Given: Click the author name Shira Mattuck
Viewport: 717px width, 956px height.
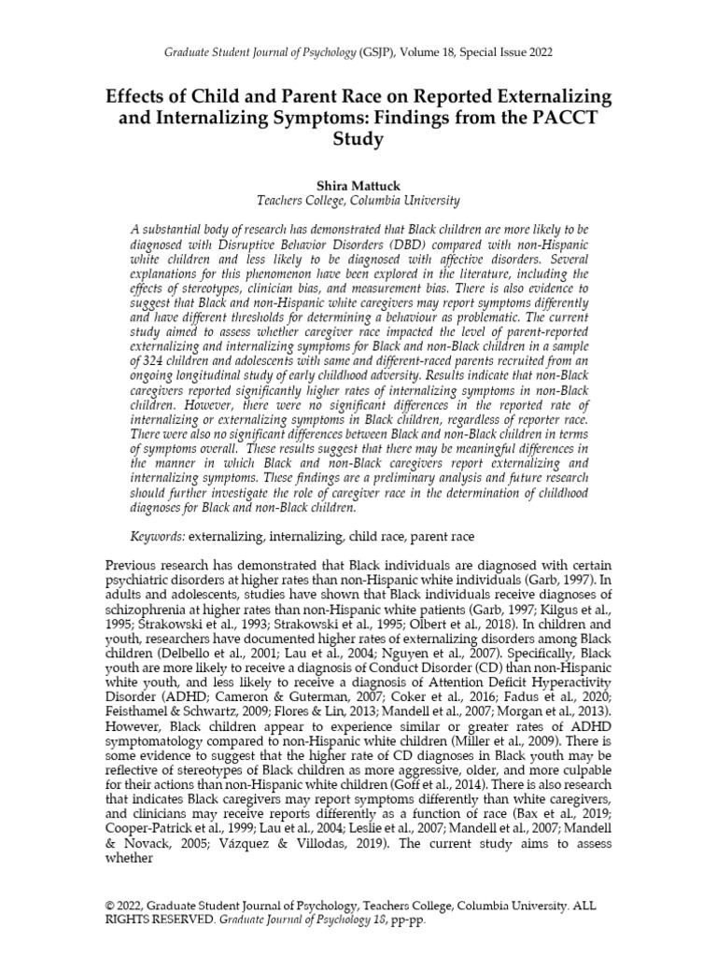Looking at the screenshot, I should (358, 186).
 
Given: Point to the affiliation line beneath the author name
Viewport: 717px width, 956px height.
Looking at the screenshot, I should (358, 201).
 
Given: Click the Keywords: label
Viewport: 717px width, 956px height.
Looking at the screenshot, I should (159, 538).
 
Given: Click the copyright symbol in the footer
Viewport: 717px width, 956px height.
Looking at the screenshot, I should (108, 906).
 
